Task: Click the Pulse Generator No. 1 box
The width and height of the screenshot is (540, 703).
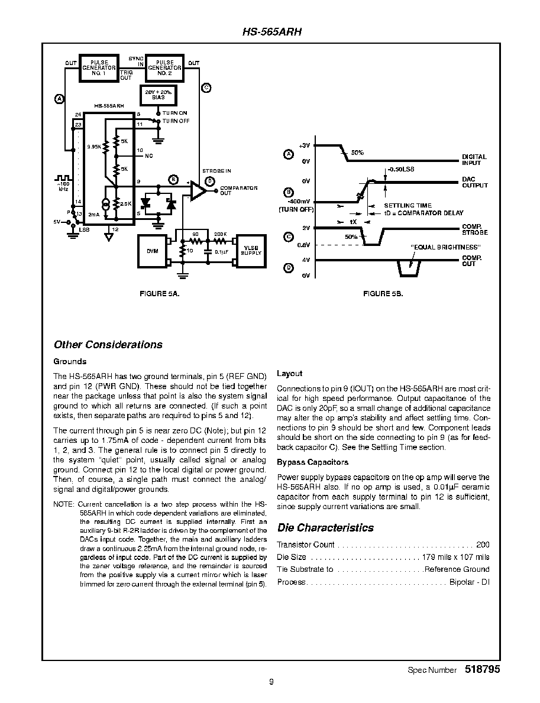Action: coord(99,68)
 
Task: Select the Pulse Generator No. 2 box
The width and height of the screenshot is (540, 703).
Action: coord(164,68)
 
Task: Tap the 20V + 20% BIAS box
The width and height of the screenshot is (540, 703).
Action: coord(158,95)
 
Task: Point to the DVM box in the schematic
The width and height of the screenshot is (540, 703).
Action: coord(153,251)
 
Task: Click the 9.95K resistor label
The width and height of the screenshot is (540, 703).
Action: coord(94,147)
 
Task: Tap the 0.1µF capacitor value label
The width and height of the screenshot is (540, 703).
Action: coord(222,251)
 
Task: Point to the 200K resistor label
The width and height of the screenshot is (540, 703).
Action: coord(220,234)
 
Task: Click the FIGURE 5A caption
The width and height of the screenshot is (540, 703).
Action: coord(160,294)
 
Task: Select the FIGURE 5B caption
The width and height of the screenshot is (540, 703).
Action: coord(383,294)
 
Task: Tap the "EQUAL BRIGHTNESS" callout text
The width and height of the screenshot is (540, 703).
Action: coord(445,247)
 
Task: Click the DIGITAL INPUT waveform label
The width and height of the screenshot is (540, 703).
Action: coord(474,160)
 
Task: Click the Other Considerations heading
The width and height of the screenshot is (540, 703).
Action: coord(108,345)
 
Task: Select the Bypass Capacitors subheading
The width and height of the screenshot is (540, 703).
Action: coord(313,462)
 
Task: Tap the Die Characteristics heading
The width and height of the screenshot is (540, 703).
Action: coord(325,528)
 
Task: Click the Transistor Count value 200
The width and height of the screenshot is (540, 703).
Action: coord(483,545)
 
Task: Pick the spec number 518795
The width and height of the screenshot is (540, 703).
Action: coord(482,669)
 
